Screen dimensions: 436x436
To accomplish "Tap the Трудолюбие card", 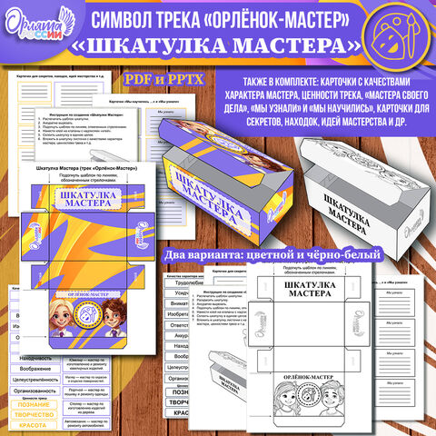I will [187, 282].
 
